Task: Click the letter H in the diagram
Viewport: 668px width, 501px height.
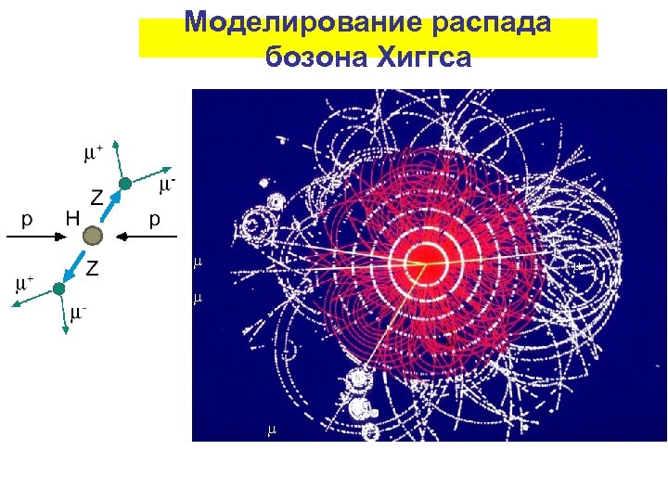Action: pyautogui.click(x=72, y=219)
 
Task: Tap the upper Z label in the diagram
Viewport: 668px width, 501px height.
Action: pyautogui.click(x=95, y=197)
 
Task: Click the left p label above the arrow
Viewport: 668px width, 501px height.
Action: pyautogui.click(x=27, y=220)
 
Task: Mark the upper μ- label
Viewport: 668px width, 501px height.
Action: pyautogui.click(x=167, y=186)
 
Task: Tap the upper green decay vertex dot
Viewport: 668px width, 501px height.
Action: pyautogui.click(x=125, y=184)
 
